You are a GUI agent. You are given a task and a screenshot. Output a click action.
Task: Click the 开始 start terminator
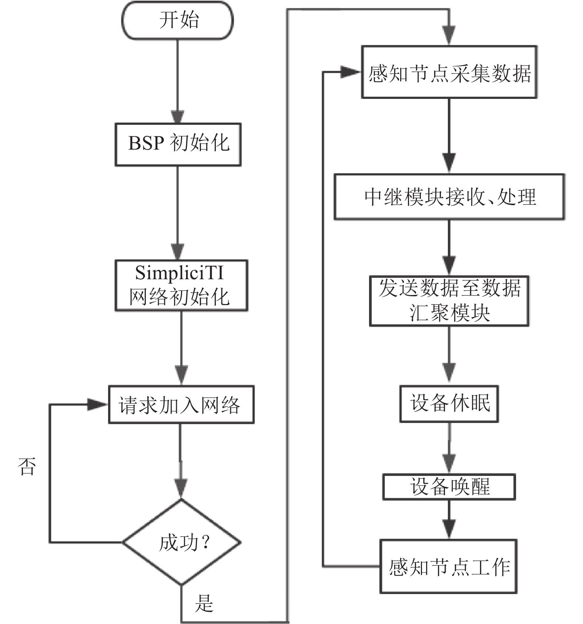pyautogui.click(x=178, y=20)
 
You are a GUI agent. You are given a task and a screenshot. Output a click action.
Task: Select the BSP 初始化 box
pyautogui.click(x=178, y=144)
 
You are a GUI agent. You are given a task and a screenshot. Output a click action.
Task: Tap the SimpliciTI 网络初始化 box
pyautogui.click(x=181, y=285)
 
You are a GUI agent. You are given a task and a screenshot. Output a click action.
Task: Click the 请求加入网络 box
pyautogui.click(x=181, y=404)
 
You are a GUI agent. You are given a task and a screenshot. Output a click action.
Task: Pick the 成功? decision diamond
pyautogui.click(x=181, y=543)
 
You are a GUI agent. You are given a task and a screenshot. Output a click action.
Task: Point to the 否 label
pyautogui.click(x=27, y=466)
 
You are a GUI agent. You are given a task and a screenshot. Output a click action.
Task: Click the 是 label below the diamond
pyautogui.click(x=204, y=603)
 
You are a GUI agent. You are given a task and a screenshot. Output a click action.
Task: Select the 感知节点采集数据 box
pyautogui.click(x=449, y=72)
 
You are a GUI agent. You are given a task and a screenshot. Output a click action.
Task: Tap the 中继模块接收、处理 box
pyautogui.click(x=449, y=197)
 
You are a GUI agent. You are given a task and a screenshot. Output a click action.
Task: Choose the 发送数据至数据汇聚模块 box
pyautogui.click(x=449, y=301)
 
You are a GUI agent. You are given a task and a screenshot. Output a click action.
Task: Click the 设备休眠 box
pyautogui.click(x=449, y=404)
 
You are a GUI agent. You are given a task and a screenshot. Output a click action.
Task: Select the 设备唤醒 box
pyautogui.click(x=449, y=487)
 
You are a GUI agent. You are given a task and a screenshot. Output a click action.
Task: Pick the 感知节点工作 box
pyautogui.click(x=449, y=566)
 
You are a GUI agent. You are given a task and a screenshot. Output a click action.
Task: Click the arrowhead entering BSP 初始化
pyautogui.click(x=178, y=117)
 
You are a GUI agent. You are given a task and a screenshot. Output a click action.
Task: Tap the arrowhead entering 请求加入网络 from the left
pyautogui.click(x=97, y=404)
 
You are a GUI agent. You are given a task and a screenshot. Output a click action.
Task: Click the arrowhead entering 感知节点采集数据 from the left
pyautogui.click(x=350, y=72)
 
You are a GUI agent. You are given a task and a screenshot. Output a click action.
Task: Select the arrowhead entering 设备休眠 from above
pyautogui.click(x=449, y=372)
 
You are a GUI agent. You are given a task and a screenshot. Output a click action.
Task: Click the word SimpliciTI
pyautogui.click(x=180, y=273)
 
